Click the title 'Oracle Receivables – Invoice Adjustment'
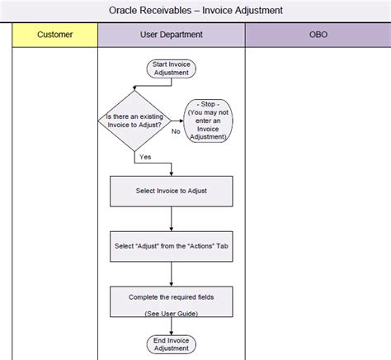[x=195, y=11]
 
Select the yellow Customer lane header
[x=55, y=35]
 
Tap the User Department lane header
[x=171, y=35]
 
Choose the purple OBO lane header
[x=317, y=35]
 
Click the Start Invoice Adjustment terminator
[x=171, y=69]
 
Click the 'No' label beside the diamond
[x=176, y=130]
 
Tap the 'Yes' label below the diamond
[x=145, y=155]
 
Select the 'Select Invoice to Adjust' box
[x=171, y=191]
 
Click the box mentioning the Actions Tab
[x=171, y=245]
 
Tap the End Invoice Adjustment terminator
[x=171, y=343]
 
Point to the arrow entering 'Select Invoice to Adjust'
[x=171, y=168]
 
